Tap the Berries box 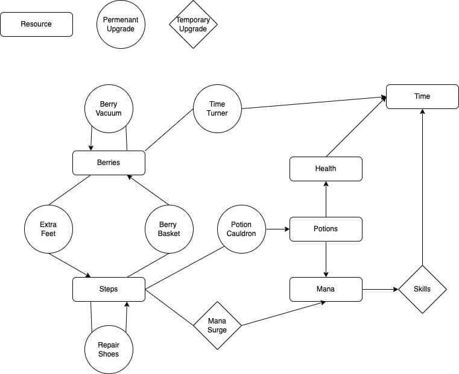109,163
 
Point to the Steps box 109,289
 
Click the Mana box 326,289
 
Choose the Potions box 326,229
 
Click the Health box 326,169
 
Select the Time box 422,97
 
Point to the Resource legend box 36,24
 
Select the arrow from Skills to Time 422,187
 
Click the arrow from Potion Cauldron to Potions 278,229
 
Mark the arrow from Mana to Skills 380,289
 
